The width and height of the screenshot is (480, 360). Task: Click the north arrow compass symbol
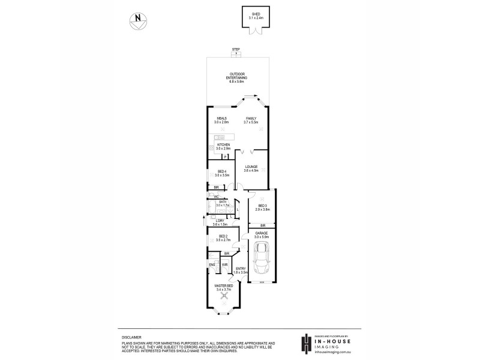pos(137,20)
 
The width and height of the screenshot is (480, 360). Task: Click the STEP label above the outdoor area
pos(236,50)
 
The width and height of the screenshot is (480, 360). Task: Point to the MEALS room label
pos(221,119)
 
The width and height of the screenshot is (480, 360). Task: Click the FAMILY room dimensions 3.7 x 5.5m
pos(251,122)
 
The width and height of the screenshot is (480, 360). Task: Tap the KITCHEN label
pos(224,145)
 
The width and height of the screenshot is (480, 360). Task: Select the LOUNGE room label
pos(251,167)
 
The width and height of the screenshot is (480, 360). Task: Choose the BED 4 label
pos(222,172)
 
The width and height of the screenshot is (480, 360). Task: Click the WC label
pos(215,196)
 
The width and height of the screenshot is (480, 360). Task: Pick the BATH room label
pos(222,202)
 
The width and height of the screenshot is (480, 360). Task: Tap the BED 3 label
pos(262,206)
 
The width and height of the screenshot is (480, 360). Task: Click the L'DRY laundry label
pos(220,221)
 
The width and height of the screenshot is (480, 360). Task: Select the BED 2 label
pos(223,236)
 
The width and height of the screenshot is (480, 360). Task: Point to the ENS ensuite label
pos(212,265)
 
